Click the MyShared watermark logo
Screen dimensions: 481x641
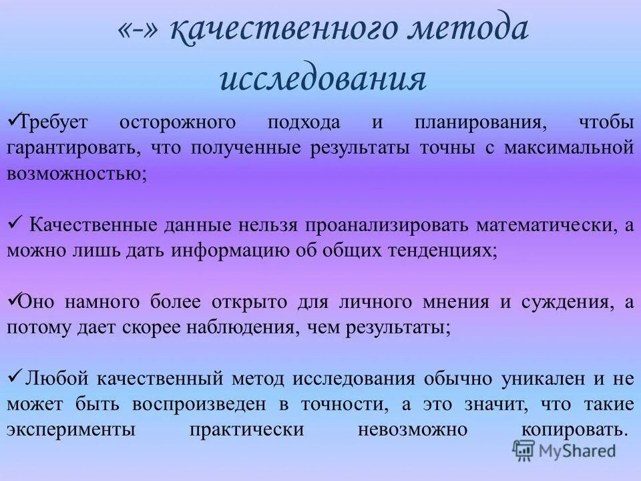click(564, 450)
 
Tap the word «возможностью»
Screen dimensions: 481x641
click(77, 173)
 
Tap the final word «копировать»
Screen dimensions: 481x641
click(572, 430)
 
